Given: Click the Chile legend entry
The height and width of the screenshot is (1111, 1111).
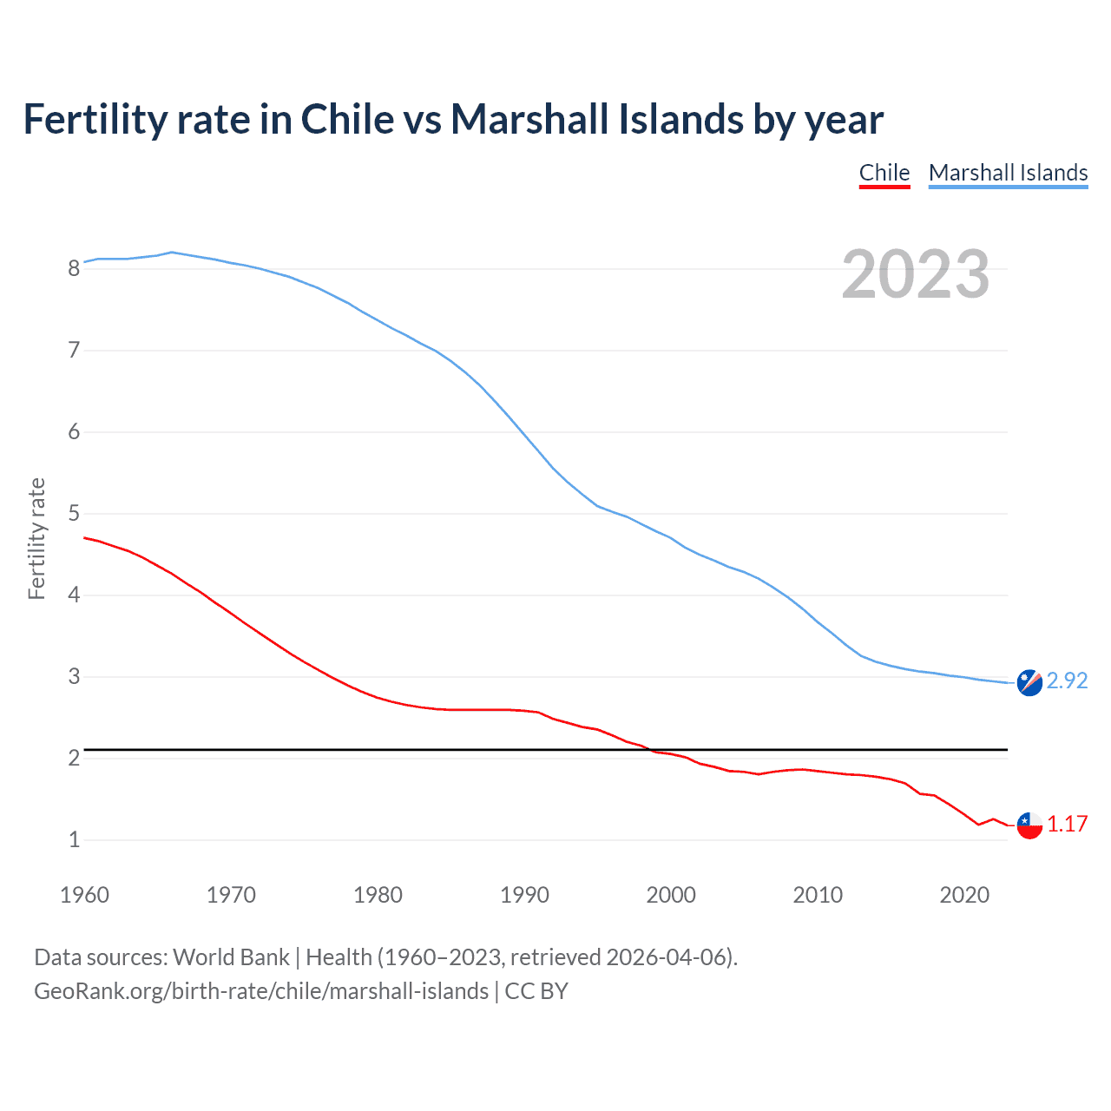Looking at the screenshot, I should pyautogui.click(x=884, y=173).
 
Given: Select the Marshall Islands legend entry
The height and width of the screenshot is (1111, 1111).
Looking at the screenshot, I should pyautogui.click(x=1008, y=173).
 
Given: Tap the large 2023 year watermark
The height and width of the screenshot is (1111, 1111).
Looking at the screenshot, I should pyautogui.click(x=916, y=274).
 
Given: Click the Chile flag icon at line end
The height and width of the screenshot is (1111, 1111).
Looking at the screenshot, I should pyautogui.click(x=1029, y=825).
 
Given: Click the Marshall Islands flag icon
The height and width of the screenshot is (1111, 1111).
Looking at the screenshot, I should pyautogui.click(x=1029, y=682).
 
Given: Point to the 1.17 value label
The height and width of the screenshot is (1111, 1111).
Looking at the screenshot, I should pyautogui.click(x=1067, y=824).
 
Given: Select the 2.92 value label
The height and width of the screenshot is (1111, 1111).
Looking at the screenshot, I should pyautogui.click(x=1067, y=680).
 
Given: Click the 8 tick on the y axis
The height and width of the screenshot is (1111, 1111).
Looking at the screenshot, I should pyautogui.click(x=74, y=268).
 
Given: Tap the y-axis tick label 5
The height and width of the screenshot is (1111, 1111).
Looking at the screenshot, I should pyautogui.click(x=74, y=514).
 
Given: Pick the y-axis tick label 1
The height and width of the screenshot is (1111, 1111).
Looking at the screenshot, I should pyautogui.click(x=74, y=840).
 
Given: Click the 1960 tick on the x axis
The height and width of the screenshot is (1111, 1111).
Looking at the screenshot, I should pyautogui.click(x=84, y=895).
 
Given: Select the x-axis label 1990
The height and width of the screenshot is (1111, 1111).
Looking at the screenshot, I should pyautogui.click(x=524, y=895).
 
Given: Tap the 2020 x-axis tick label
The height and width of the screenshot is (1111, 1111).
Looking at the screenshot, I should pyautogui.click(x=964, y=895).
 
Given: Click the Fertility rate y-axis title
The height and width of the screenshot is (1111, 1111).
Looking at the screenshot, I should pyautogui.click(x=36, y=538).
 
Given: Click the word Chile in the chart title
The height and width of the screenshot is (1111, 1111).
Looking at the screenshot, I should pyautogui.click(x=347, y=119).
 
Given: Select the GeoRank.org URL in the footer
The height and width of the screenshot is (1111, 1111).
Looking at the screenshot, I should pyautogui.click(x=260, y=991).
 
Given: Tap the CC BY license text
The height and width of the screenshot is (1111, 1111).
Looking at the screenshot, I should pyautogui.click(x=536, y=991).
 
